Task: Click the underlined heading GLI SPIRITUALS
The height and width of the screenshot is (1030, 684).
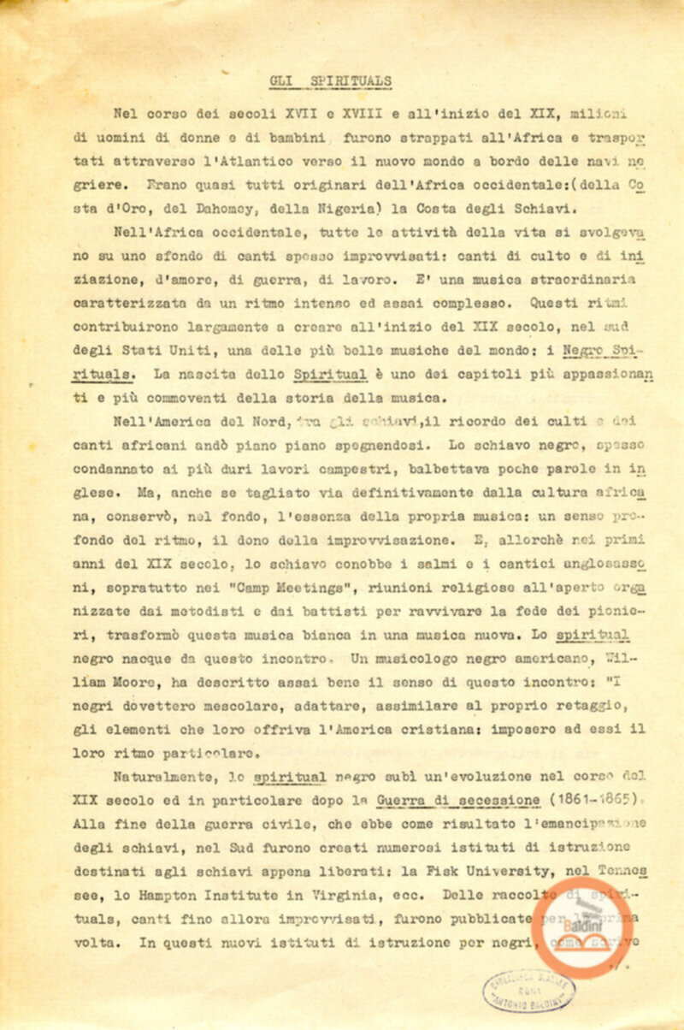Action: (x=330, y=81)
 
